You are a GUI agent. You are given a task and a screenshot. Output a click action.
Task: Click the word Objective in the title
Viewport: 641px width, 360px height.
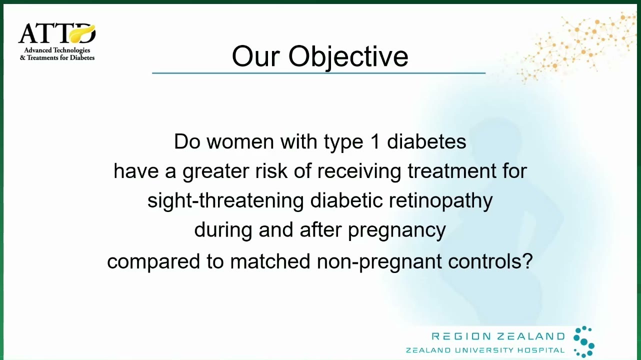348,57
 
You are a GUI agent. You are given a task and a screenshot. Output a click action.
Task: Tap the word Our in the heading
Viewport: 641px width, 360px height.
255,56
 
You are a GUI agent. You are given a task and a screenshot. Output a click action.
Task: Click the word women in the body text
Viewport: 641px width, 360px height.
240,141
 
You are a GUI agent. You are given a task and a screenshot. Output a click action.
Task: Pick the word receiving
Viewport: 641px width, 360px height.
359,171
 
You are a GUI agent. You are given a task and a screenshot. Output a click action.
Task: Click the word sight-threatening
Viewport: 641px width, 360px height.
225,200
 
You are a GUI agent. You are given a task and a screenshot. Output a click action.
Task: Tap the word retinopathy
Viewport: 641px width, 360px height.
440,200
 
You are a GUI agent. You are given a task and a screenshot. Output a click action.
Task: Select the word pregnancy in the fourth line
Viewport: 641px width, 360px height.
397,230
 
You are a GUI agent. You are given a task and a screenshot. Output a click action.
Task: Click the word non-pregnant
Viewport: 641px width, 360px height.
379,261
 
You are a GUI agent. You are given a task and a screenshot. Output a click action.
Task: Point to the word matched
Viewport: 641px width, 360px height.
270,261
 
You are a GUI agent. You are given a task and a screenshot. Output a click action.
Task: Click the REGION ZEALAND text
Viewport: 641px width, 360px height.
498,336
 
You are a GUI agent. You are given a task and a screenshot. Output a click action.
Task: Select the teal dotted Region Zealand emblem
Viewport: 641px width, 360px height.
584,341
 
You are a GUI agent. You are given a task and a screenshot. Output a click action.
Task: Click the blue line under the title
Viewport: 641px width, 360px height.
319,73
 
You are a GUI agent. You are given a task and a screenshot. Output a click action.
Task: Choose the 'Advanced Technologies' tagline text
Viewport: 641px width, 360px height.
57,50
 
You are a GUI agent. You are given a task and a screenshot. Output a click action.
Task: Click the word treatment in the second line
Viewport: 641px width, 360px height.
451,171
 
